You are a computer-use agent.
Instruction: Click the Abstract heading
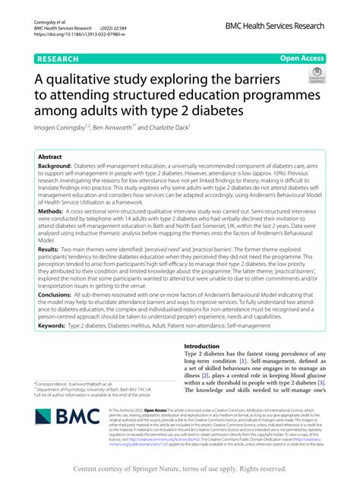[x=50, y=155]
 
